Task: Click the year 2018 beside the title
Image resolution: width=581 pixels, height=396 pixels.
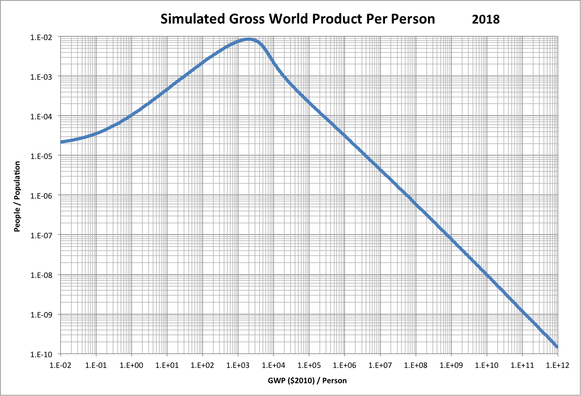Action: pyautogui.click(x=486, y=19)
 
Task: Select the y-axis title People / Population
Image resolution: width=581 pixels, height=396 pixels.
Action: pyautogui.click(x=17, y=196)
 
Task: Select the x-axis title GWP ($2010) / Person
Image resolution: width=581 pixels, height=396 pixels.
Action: pyautogui.click(x=307, y=380)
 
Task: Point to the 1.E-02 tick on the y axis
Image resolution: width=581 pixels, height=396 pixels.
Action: pyautogui.click(x=41, y=37)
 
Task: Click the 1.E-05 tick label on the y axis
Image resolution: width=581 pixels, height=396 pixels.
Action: pyautogui.click(x=41, y=156)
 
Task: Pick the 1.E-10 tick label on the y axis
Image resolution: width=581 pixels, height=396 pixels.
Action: pyautogui.click(x=41, y=354)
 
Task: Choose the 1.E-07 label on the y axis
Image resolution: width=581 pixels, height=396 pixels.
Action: pyautogui.click(x=41, y=235)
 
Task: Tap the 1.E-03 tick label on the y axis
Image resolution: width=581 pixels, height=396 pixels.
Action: pyautogui.click(x=41, y=77)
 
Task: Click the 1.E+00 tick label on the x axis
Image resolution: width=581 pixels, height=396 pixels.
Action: pyautogui.click(x=132, y=365)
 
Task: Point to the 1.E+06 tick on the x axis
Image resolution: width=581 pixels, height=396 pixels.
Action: pyautogui.click(x=345, y=365)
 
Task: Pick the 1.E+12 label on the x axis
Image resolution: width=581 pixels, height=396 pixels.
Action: pyautogui.click(x=557, y=365)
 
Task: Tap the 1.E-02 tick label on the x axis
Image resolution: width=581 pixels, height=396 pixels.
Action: pyautogui.click(x=61, y=365)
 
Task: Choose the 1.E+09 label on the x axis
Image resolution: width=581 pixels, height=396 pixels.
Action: pyautogui.click(x=451, y=365)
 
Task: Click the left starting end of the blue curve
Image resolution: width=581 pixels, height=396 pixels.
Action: pyautogui.click(x=61, y=142)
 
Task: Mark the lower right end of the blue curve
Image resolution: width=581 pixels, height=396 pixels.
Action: pyautogui.click(x=557, y=346)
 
